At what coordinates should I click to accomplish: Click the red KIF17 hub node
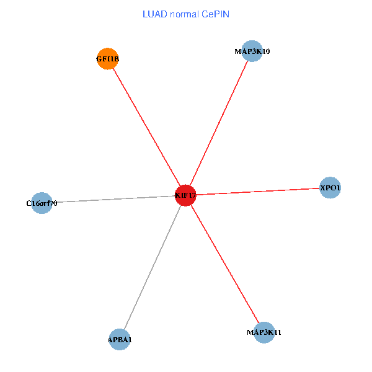(185, 195)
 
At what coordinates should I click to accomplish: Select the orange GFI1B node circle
(108, 59)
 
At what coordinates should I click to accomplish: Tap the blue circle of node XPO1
(330, 187)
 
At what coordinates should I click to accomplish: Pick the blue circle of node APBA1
(119, 339)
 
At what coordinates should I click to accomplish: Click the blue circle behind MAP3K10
(252, 51)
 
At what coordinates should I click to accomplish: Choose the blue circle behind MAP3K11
(264, 332)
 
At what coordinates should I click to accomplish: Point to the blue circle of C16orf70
(41, 203)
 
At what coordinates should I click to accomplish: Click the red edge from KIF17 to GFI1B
(146, 127)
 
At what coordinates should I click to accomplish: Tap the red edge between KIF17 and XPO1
(257, 192)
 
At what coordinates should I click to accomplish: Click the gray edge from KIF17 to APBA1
(153, 267)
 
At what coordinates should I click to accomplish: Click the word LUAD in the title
(154, 14)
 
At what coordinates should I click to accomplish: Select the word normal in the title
(183, 14)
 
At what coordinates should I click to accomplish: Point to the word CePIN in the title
(215, 14)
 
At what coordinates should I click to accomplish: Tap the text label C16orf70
(42, 203)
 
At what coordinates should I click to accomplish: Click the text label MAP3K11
(264, 332)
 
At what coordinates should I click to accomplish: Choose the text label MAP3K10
(252, 51)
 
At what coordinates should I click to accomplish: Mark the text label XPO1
(330, 187)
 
